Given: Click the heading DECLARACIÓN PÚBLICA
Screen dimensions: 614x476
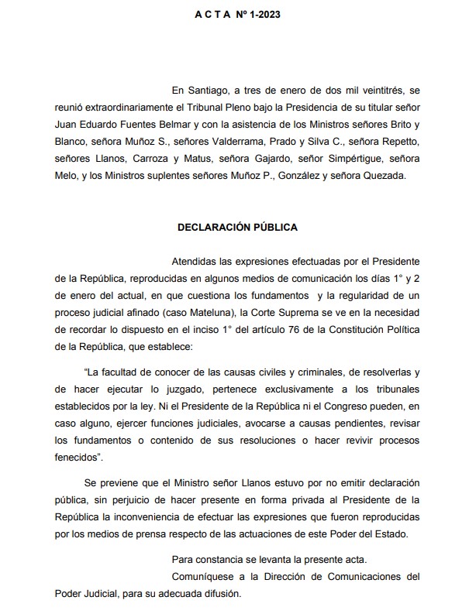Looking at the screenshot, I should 237,228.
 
